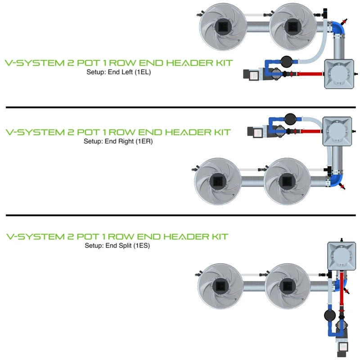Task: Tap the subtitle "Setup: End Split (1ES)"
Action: [117, 246]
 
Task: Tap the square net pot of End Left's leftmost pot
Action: [223, 26]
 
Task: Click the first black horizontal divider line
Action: [180, 108]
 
